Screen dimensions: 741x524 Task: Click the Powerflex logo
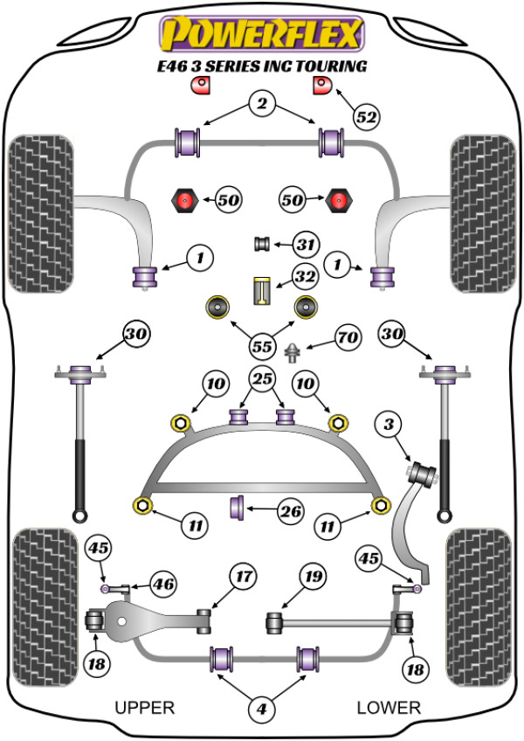(x=259, y=35)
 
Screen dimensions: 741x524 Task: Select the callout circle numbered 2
(x=260, y=105)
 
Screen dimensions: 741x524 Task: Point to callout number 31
(x=305, y=245)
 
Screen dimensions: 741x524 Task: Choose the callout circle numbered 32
(x=304, y=278)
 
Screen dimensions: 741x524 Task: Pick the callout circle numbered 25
(x=261, y=379)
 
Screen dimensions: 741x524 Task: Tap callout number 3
(x=389, y=426)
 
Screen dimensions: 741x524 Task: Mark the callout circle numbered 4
(x=260, y=711)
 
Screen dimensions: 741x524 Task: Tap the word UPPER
(x=145, y=707)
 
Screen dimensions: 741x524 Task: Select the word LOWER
(x=389, y=707)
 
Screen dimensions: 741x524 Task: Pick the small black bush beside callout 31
(x=259, y=244)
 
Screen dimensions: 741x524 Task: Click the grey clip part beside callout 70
(x=293, y=352)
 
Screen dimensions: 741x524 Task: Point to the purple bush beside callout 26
(x=236, y=507)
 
